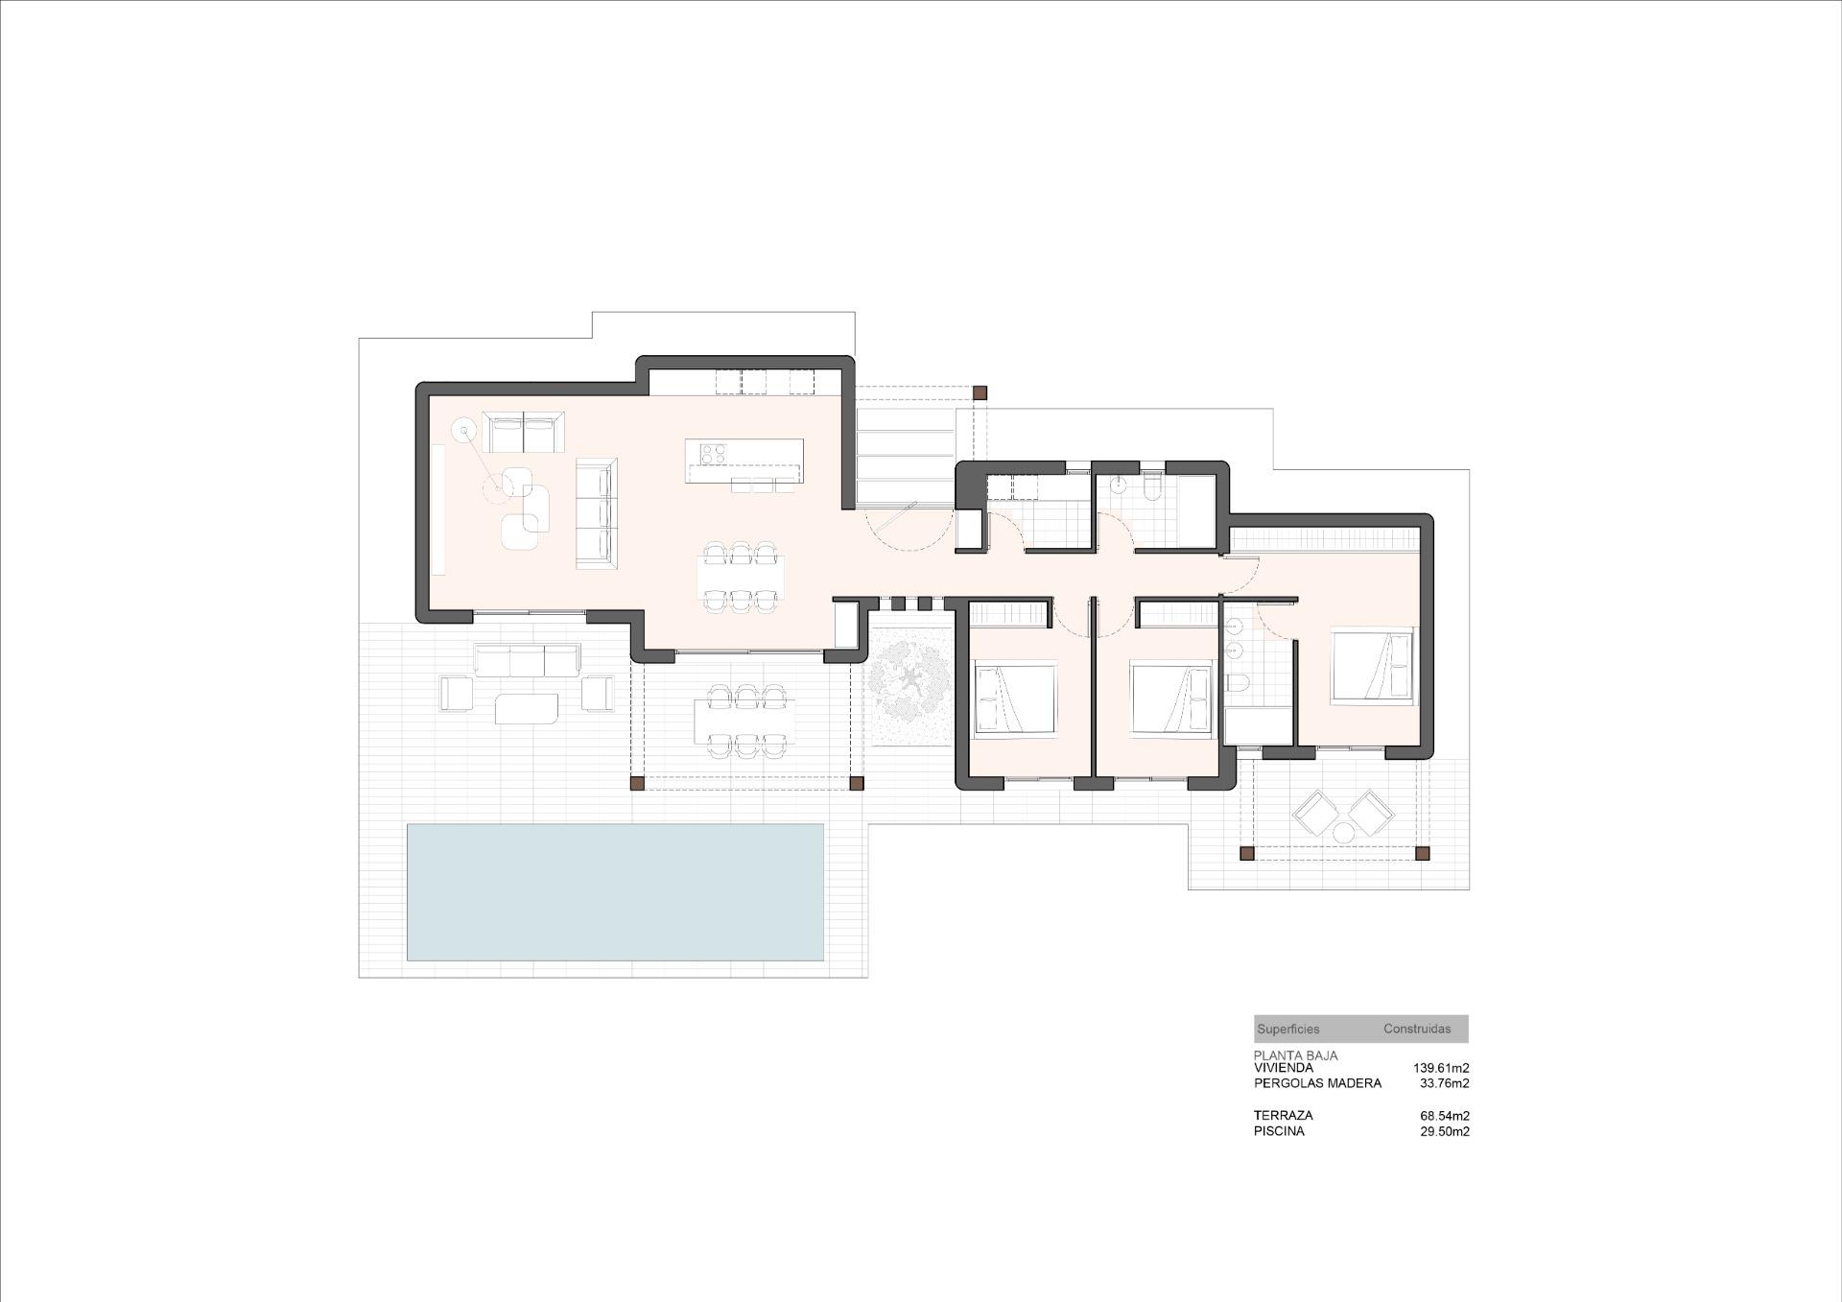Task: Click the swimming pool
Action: pyautogui.click(x=615, y=891)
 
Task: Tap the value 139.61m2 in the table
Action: pyautogui.click(x=1441, y=1068)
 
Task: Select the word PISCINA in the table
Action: pyautogui.click(x=1279, y=1131)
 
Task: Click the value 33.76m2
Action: pyautogui.click(x=1444, y=1083)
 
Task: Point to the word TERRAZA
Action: pyautogui.click(x=1283, y=1116)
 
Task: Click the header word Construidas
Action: pyautogui.click(x=1417, y=1029)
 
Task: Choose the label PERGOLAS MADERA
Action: pyautogui.click(x=1317, y=1083)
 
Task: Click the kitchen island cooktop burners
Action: pyautogui.click(x=713, y=452)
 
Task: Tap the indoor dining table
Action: pyautogui.click(x=740, y=577)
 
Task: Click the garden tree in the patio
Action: pyautogui.click(x=909, y=686)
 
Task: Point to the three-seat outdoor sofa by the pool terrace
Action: pyautogui.click(x=527, y=660)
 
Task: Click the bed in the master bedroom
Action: pyautogui.click(x=1373, y=664)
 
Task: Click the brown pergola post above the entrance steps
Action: pyautogui.click(x=979, y=392)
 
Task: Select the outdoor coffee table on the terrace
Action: pyautogui.click(x=526, y=709)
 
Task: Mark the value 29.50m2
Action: pyautogui.click(x=1444, y=1131)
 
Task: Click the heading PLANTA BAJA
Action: pyautogui.click(x=1295, y=1055)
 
